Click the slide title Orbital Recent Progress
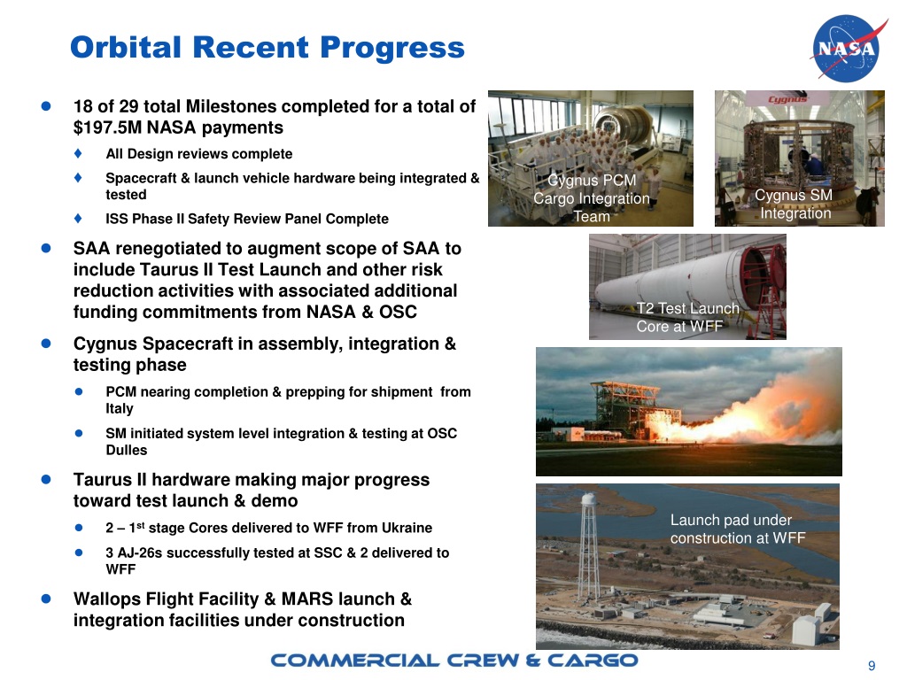[267, 47]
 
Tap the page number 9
[872, 666]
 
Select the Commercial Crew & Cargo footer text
[453, 661]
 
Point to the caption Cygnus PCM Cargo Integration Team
[591, 198]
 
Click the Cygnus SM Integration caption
[795, 205]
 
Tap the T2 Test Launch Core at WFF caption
[686, 317]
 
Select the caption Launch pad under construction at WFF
[737, 529]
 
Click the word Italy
[120, 409]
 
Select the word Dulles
[127, 450]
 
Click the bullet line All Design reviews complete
[198, 154]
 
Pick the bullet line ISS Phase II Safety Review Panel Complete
[246, 219]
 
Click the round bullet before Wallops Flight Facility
[45, 599]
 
